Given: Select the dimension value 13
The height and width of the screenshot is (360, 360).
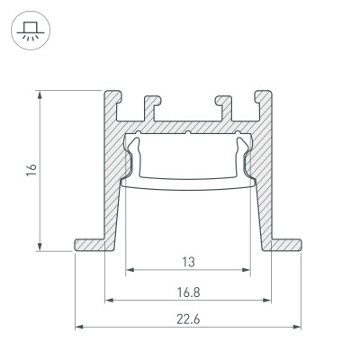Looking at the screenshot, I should (x=188, y=262).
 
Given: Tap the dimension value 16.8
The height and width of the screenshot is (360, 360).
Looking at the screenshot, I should (x=188, y=292).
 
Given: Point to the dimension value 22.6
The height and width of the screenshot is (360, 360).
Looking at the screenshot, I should (x=188, y=318).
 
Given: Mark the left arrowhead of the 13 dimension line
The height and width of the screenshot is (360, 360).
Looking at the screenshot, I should (x=129, y=270).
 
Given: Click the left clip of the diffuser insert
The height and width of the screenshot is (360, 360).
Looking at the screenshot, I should (x=132, y=157).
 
